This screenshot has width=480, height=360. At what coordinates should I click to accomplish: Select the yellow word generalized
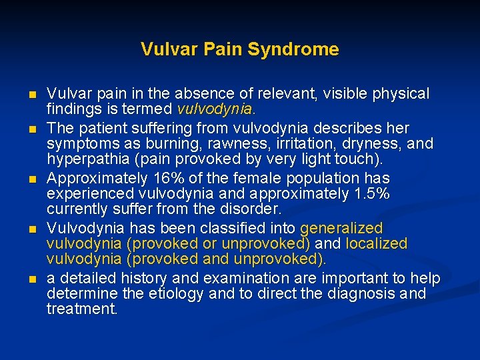[x=341, y=228]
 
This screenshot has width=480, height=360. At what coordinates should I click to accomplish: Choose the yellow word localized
[x=376, y=244]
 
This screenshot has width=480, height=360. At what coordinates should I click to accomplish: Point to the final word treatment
[x=82, y=309]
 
